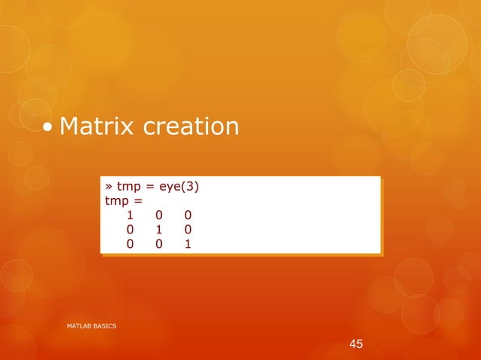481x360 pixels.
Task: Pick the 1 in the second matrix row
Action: [x=159, y=229]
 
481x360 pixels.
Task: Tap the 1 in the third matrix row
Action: [x=187, y=243]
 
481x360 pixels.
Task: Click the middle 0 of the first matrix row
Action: [x=159, y=215]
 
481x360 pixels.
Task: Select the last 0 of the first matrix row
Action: [x=187, y=215]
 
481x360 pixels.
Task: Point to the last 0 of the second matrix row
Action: [x=187, y=229]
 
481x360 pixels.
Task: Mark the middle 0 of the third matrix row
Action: [x=159, y=243]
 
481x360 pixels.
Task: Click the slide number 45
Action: [x=356, y=344]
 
